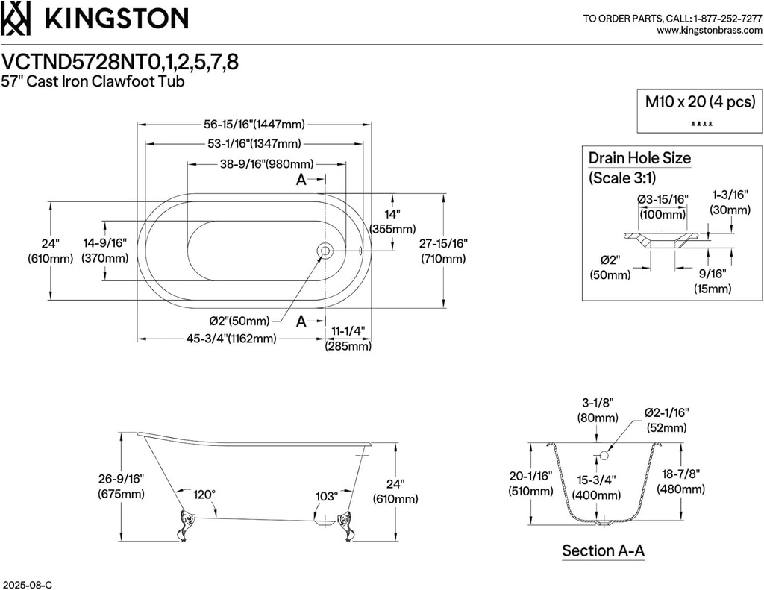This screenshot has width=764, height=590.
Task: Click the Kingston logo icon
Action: click(16, 19)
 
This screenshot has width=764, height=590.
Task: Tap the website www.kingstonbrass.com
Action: click(709, 31)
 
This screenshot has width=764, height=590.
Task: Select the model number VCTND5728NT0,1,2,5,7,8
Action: click(121, 61)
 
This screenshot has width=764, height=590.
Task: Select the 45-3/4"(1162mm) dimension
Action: click(231, 339)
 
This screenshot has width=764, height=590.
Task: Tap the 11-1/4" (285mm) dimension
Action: click(348, 339)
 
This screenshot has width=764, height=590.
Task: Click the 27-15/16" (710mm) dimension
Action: click(442, 251)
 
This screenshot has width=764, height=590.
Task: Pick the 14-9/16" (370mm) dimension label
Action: click(105, 251)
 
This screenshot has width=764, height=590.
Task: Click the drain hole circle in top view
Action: click(325, 251)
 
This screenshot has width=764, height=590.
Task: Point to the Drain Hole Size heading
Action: click(639, 158)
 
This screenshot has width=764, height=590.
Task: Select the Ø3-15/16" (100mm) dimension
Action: click(663, 207)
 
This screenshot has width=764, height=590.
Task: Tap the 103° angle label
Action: click(326, 495)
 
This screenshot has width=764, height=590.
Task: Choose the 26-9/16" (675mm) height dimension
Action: click(121, 486)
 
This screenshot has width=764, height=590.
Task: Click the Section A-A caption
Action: click(603, 551)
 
